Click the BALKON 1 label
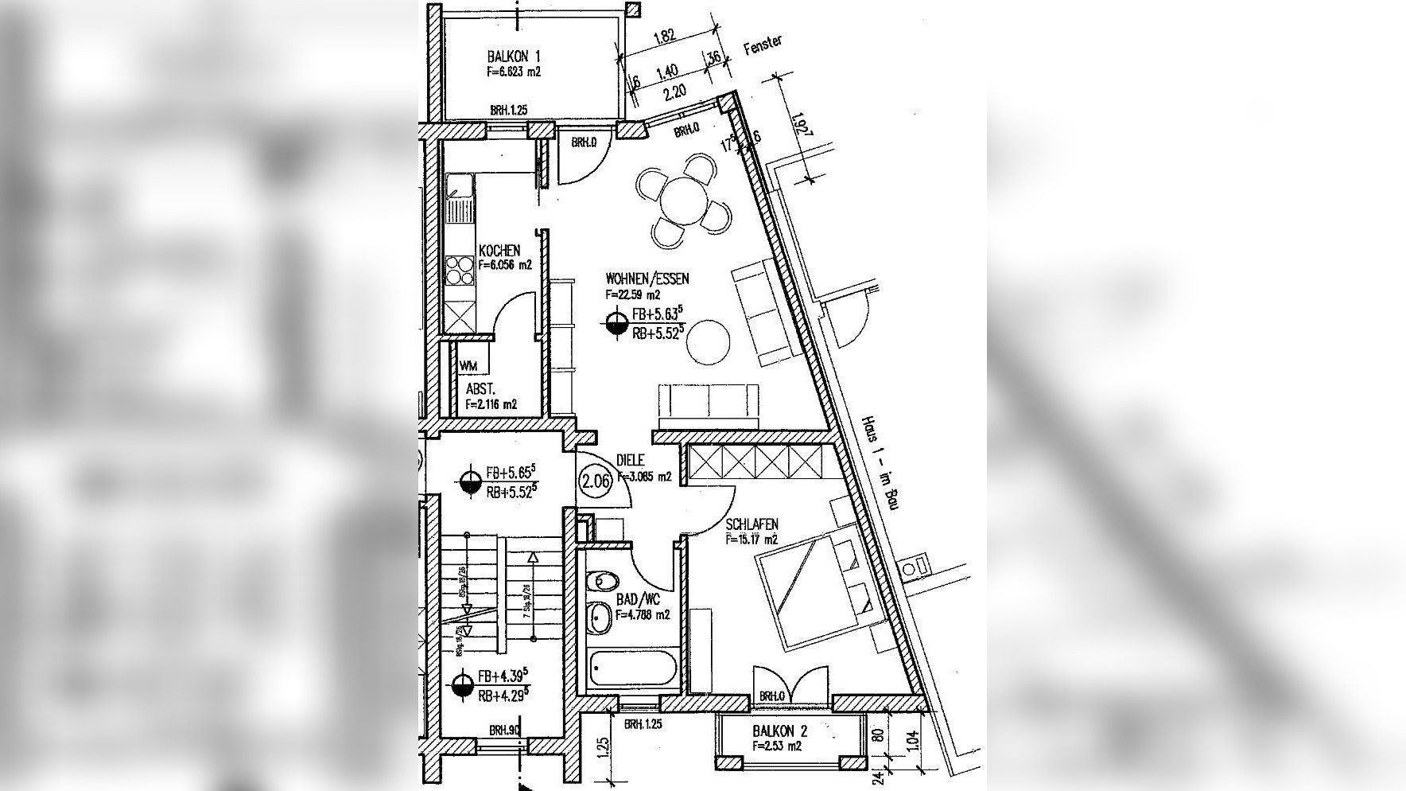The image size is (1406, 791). (513, 56)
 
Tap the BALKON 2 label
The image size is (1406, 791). (780, 731)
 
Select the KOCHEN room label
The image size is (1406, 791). (499, 251)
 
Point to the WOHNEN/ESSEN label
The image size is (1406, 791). (647, 279)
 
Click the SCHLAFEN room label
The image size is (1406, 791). (752, 524)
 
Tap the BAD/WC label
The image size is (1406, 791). (638, 600)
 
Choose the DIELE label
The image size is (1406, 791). (630, 461)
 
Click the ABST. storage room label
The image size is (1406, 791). (480, 389)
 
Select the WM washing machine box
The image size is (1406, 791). (468, 366)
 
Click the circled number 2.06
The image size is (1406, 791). (596, 481)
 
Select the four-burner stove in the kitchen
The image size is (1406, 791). (458, 271)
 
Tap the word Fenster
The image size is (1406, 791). (763, 45)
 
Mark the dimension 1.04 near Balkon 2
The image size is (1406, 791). (912, 740)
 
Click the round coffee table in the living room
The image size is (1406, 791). (708, 341)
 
